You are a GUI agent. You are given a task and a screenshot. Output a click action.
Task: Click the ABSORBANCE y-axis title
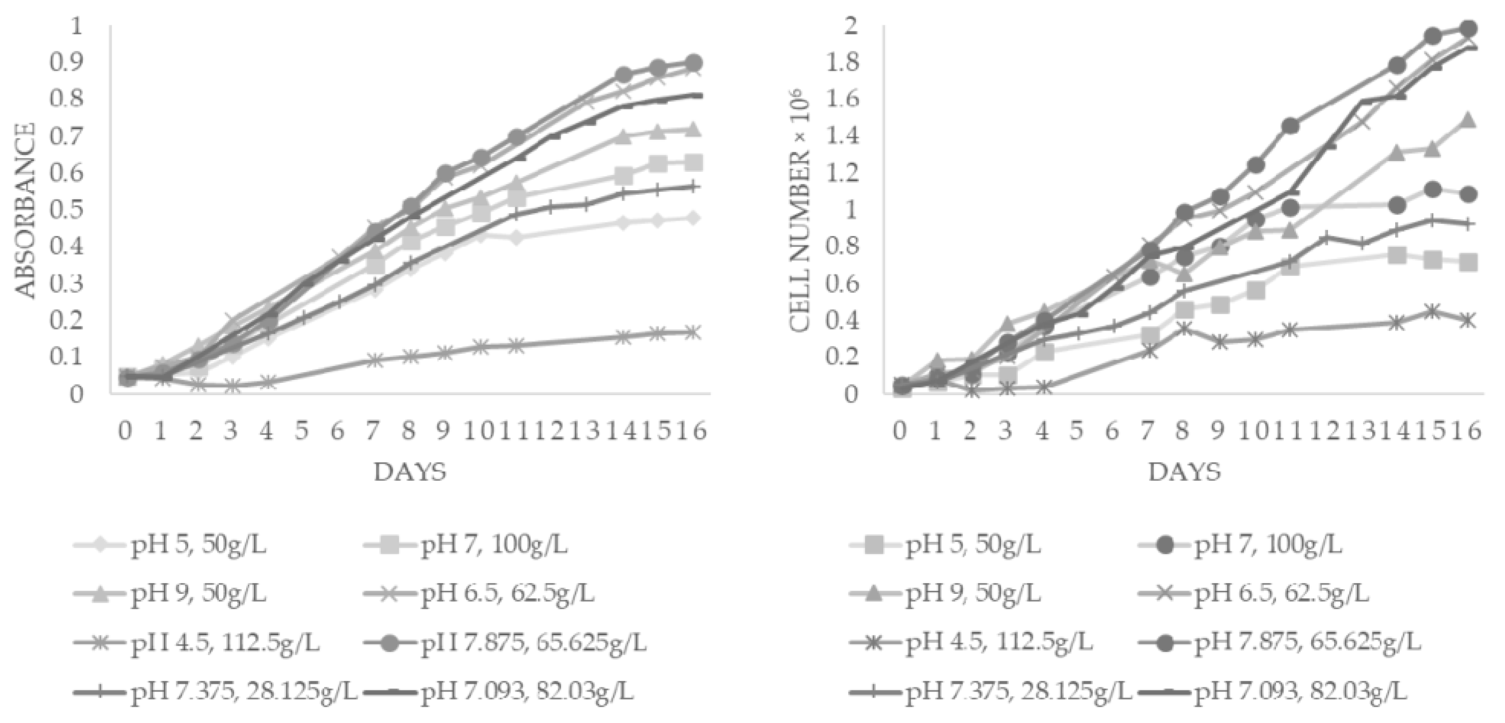25,210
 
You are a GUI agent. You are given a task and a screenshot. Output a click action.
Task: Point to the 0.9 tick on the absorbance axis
69,63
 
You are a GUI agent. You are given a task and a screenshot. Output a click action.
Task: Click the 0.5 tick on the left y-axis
69,209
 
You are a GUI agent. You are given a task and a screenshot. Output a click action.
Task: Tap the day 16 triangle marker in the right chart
1468,121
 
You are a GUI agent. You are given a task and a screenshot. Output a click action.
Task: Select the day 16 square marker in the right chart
1468,263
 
